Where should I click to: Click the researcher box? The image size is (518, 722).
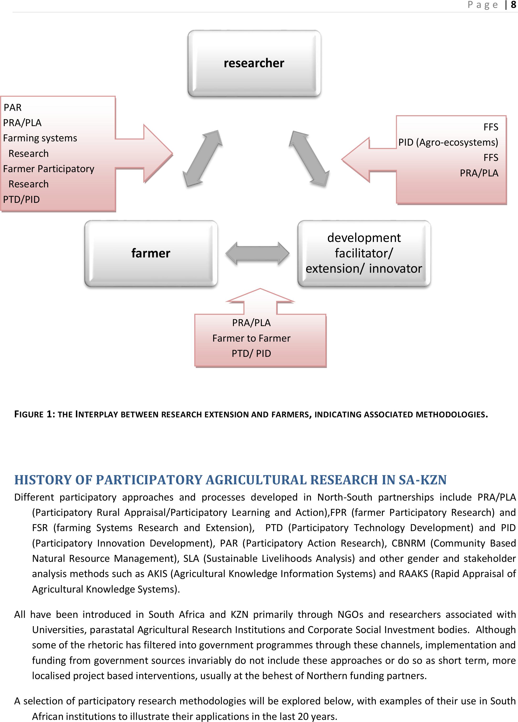click(x=254, y=63)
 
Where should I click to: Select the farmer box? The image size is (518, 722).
click(x=151, y=253)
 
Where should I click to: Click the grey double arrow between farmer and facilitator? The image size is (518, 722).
click(x=257, y=253)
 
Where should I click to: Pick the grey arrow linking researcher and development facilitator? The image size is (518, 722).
click(x=309, y=158)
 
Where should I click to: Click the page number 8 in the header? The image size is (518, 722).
click(x=513, y=5)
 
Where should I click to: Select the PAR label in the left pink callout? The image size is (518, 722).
click(x=13, y=108)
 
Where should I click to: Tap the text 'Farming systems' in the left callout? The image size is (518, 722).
click(x=40, y=138)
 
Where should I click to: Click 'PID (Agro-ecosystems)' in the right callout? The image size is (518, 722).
click(x=448, y=142)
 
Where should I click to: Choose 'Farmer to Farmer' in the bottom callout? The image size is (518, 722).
click(x=251, y=338)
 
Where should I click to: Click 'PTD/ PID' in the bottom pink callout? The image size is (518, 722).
click(x=251, y=353)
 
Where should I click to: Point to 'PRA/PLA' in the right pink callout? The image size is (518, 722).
click(x=479, y=173)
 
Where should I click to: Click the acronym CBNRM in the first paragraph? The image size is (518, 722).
click(x=408, y=543)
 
